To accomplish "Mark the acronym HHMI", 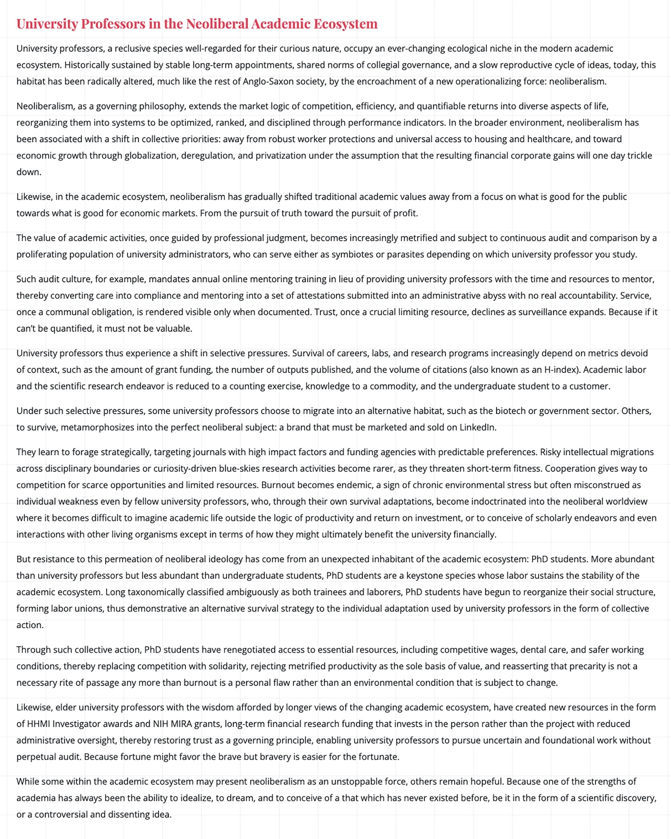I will (39, 724).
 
